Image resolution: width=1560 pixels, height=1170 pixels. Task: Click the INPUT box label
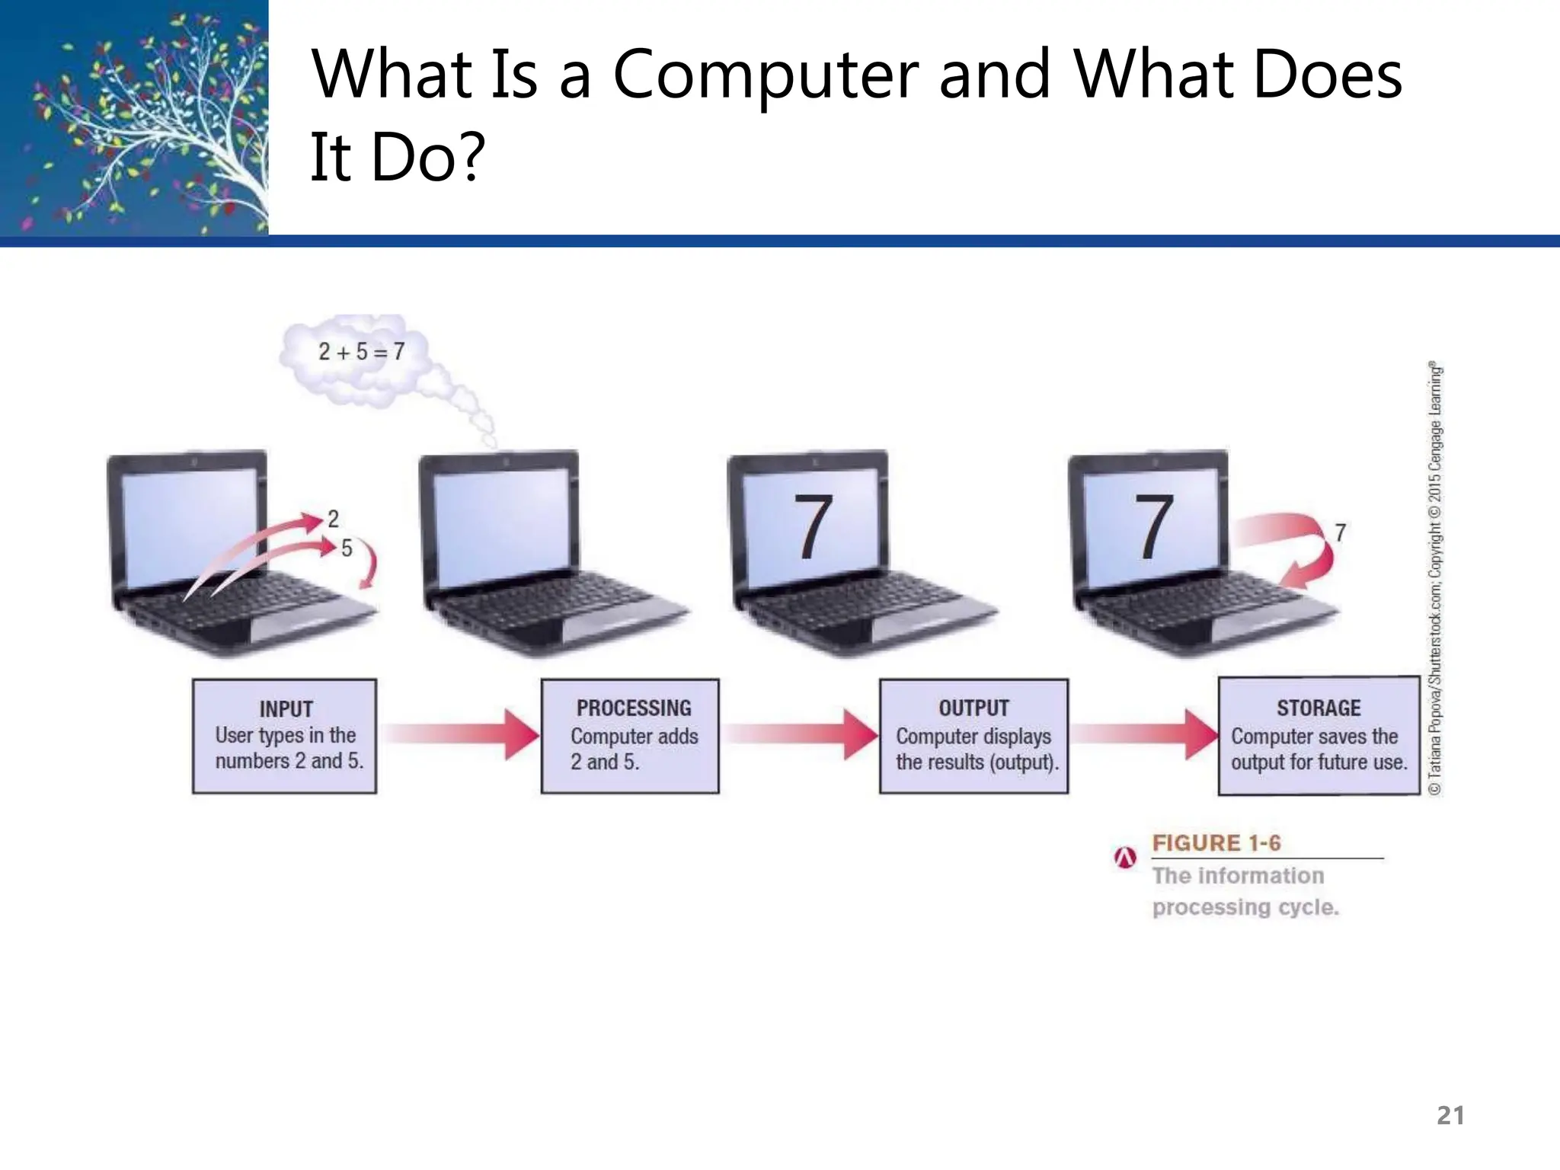[286, 709]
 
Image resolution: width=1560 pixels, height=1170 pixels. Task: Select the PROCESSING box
[630, 736]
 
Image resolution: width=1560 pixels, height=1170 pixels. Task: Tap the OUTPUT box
[973, 736]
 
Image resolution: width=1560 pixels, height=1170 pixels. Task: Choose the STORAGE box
[1319, 736]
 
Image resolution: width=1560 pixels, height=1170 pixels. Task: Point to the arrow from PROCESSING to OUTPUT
[800, 734]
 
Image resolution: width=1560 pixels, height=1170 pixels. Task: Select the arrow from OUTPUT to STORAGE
[1143, 734]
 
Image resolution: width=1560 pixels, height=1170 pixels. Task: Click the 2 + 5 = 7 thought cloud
[361, 352]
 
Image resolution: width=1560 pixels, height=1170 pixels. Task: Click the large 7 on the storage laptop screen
[1153, 526]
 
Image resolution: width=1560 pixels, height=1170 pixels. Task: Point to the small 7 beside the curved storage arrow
[1340, 532]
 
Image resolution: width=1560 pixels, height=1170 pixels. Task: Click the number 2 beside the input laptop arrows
[333, 519]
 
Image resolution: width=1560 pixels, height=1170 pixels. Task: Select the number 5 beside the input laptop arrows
[347, 548]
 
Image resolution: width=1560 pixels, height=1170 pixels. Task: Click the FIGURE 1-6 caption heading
[1216, 843]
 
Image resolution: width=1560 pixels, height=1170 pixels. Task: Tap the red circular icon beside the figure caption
[1125, 858]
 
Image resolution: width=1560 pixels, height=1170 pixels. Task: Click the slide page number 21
[1450, 1115]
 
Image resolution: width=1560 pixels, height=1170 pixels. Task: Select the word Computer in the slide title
[765, 75]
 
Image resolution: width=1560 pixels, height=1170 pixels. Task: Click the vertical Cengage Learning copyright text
[1435, 579]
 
